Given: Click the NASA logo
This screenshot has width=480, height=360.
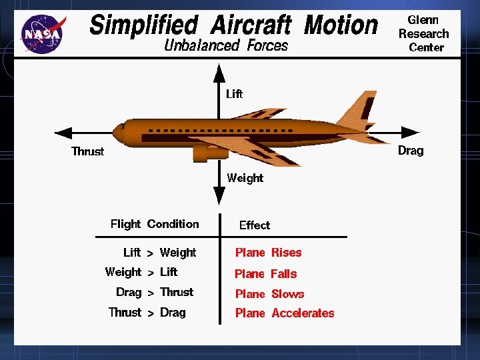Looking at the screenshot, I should pos(44,33).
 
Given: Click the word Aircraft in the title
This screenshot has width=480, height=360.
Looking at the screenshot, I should pos(251,25).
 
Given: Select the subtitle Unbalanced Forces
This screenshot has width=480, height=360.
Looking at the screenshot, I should pos(226,45).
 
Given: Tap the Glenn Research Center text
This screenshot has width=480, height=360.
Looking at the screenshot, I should pos(424,33).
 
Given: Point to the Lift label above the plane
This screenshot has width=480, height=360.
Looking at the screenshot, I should pos(234,94).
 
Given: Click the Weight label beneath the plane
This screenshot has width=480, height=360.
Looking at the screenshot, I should pos(245,178).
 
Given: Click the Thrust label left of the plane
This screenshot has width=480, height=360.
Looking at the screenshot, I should pos(88,151).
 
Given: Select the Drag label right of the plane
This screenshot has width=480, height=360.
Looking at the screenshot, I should pos(411,150).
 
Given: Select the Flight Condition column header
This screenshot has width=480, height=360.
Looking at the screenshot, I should pos(155,224).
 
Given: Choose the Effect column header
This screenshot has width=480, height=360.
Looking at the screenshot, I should pos(255,225).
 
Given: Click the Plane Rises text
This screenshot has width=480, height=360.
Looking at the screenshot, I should pos(268,253).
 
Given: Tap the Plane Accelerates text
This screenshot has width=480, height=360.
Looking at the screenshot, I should pos(285,313).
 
